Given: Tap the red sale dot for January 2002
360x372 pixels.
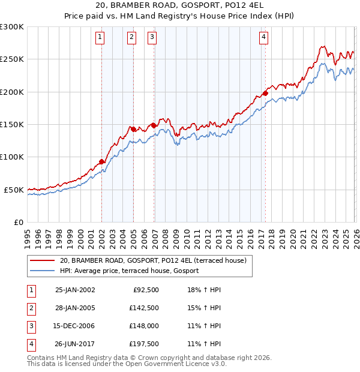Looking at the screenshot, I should (102, 161).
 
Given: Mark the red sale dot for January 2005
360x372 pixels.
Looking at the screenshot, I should (133, 128).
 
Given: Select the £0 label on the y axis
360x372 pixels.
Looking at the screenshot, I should (18, 222).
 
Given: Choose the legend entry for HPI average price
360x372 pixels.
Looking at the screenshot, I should (129, 271).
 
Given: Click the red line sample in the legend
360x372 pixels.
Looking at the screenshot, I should (42, 260).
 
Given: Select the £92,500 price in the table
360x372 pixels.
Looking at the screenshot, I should (146, 290).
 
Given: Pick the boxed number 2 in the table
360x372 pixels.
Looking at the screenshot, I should (31, 308).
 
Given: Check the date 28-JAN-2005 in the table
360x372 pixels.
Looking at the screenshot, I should (75, 308).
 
